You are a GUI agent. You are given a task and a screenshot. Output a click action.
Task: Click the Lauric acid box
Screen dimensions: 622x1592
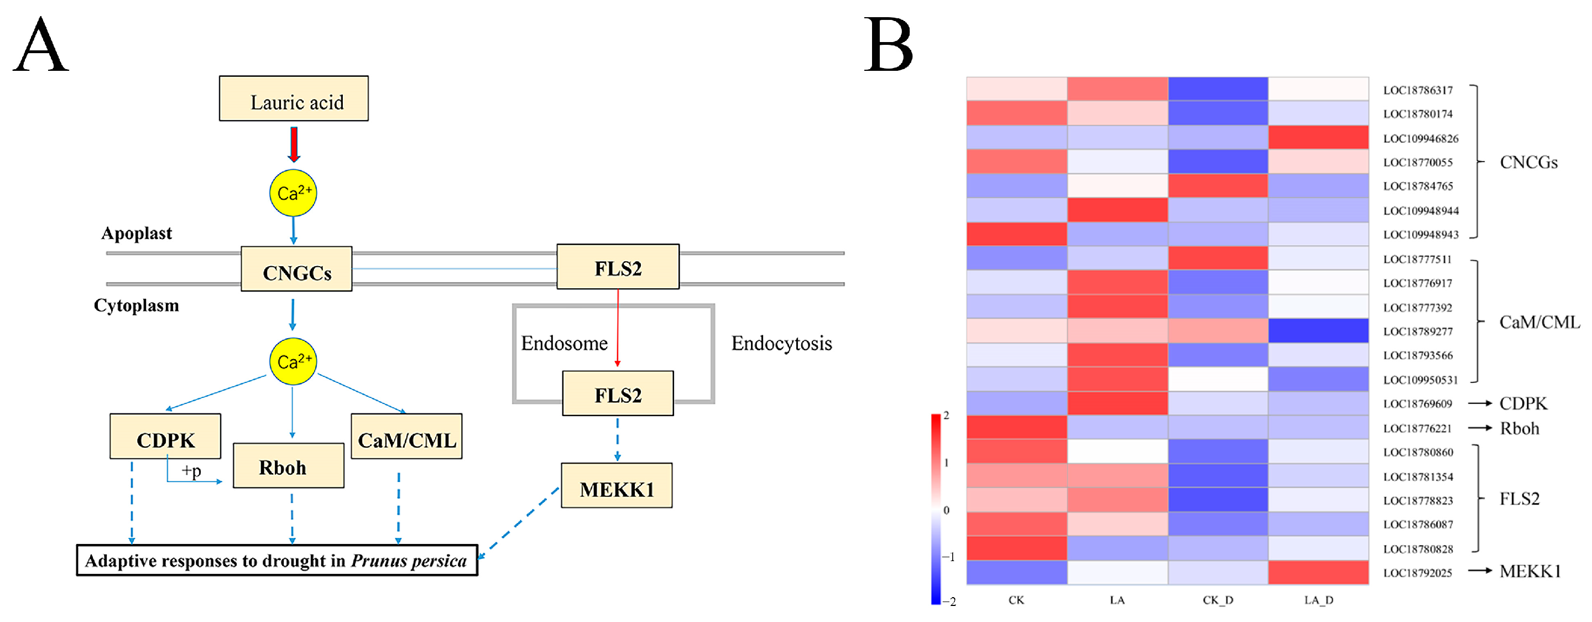click(294, 99)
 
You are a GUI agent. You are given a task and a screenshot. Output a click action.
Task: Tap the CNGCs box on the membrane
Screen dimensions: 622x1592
click(296, 269)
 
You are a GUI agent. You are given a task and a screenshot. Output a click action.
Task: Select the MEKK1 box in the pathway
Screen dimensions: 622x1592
click(616, 486)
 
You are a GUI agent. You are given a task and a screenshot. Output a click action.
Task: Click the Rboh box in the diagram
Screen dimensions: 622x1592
click(288, 466)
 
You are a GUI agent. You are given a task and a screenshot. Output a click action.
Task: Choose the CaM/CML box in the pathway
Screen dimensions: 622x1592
click(406, 437)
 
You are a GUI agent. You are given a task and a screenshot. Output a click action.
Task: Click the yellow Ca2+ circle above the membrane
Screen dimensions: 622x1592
click(293, 193)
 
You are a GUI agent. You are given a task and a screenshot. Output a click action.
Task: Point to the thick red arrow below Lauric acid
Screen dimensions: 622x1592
click(294, 144)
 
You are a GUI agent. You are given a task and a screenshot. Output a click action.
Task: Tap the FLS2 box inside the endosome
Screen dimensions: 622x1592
click(618, 394)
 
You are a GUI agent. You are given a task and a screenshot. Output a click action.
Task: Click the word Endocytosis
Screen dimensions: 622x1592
click(781, 343)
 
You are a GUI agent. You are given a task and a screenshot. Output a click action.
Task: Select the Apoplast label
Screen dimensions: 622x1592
click(137, 233)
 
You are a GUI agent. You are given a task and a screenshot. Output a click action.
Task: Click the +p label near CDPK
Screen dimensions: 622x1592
click(191, 471)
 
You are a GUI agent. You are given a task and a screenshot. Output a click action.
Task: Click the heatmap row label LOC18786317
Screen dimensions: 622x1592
click(1418, 90)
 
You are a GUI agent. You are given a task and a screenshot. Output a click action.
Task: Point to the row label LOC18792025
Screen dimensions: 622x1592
click(1417, 573)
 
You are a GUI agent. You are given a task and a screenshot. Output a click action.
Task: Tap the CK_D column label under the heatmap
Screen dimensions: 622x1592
click(1218, 600)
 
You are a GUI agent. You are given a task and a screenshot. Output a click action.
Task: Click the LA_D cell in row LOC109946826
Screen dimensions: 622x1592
click(1318, 137)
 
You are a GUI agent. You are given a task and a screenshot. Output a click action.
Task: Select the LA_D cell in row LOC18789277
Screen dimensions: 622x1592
click(1318, 331)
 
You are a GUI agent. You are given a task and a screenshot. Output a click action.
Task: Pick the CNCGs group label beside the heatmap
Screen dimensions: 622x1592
click(1528, 163)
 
